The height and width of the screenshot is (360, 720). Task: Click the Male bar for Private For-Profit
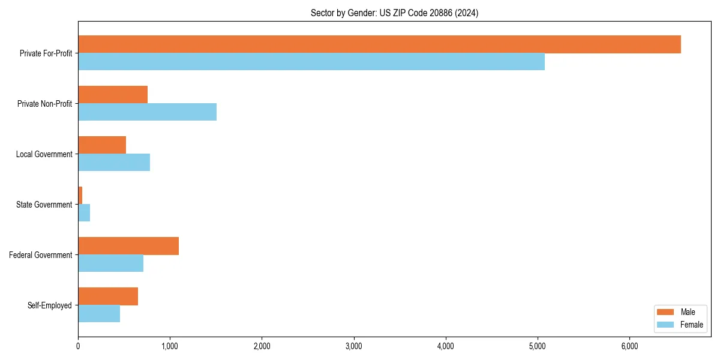(x=379, y=44)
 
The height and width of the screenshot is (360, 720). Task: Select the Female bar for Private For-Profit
(x=311, y=62)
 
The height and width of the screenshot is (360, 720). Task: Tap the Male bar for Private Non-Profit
(x=113, y=95)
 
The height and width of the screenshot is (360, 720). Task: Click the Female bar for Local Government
(x=114, y=163)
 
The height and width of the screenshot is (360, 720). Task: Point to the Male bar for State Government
(x=80, y=196)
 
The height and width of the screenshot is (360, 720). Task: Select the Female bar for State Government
(x=84, y=213)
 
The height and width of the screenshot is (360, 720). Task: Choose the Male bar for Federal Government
(x=128, y=246)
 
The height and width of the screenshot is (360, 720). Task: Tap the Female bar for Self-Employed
(x=99, y=314)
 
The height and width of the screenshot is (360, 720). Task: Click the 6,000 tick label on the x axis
(x=629, y=346)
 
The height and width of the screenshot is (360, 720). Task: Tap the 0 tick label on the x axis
(x=78, y=346)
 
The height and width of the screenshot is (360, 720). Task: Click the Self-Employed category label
(x=50, y=305)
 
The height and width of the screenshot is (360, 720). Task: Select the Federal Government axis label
(x=41, y=255)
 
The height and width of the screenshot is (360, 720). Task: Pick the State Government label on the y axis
(x=44, y=205)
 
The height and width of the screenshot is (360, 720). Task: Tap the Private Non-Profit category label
(x=45, y=104)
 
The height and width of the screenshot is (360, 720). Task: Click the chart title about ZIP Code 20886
(x=394, y=13)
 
